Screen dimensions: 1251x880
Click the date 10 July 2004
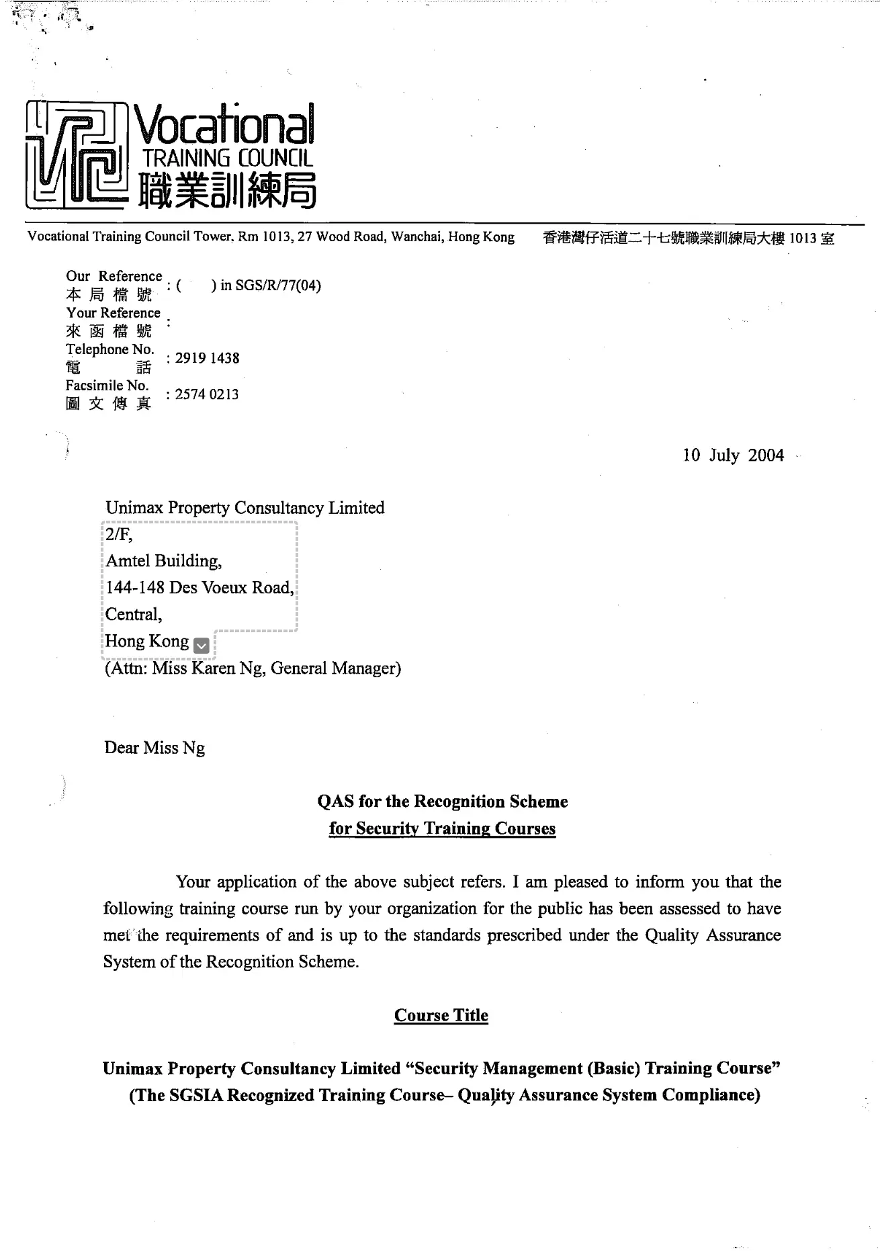(733, 456)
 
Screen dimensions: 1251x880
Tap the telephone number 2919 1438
(207, 358)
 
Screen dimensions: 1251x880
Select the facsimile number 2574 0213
(207, 394)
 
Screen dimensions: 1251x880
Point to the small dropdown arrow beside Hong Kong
(201, 646)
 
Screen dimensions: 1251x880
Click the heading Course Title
(441, 1015)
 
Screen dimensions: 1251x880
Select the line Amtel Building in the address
(163, 561)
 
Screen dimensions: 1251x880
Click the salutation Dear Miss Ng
(155, 748)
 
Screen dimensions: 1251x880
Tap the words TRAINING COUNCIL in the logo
(228, 159)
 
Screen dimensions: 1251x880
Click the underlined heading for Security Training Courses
(442, 828)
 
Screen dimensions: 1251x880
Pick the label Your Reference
(113, 312)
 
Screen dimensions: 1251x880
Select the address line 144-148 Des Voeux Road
(199, 588)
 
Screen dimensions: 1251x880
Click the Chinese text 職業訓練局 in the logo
(227, 190)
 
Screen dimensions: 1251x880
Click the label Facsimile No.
(107, 385)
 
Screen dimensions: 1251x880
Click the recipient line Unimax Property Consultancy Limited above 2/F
(245, 508)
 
